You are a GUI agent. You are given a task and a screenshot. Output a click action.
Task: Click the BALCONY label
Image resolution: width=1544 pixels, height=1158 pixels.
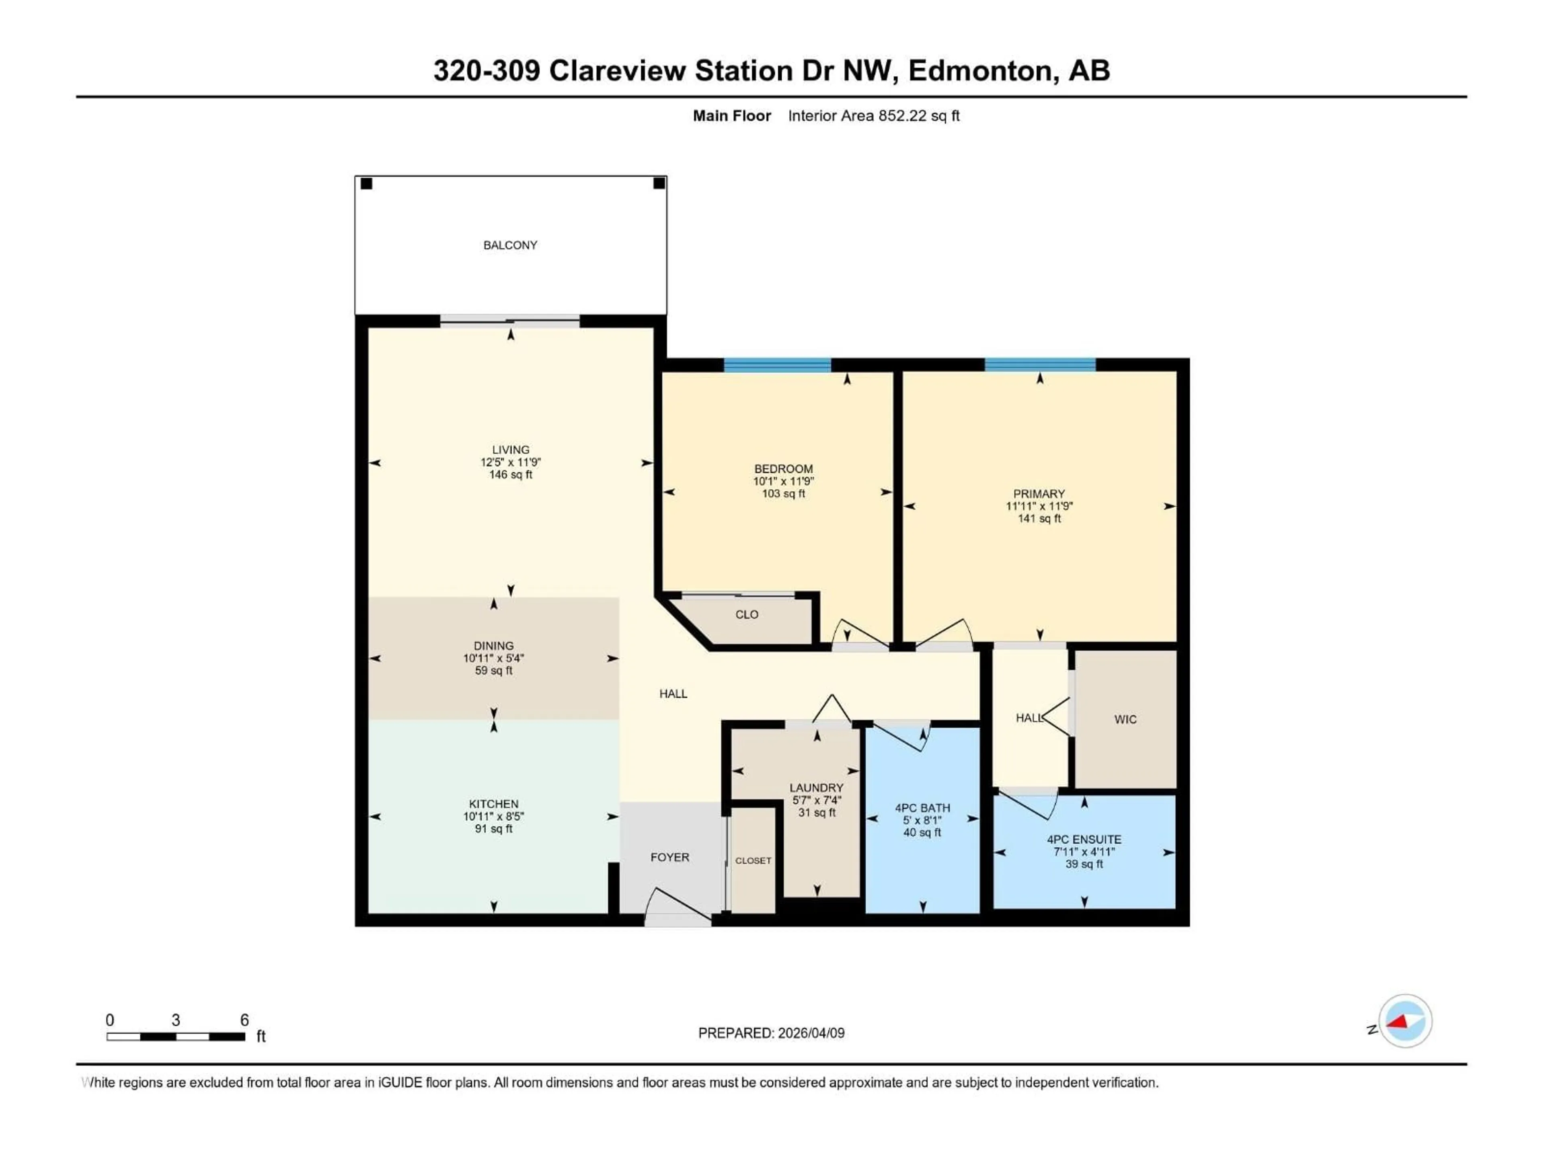(x=510, y=245)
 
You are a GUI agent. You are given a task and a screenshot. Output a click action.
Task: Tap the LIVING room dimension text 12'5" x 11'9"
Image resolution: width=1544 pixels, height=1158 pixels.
(x=510, y=462)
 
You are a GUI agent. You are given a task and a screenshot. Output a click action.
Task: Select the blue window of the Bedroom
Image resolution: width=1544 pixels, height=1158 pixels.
(x=777, y=364)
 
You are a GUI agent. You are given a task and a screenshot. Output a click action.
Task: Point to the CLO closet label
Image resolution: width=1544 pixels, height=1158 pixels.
(x=746, y=614)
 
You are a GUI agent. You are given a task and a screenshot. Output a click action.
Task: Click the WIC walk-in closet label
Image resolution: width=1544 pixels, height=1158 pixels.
(x=1125, y=719)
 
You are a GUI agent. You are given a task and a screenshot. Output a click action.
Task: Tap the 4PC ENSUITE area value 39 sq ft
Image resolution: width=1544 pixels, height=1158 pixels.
(x=1084, y=864)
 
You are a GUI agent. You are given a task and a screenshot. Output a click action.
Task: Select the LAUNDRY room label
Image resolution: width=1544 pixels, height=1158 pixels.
(x=816, y=787)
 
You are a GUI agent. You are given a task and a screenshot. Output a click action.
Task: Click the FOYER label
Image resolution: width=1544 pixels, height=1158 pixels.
(x=669, y=857)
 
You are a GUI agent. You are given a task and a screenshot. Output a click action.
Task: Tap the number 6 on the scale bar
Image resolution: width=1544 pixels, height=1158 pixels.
(x=244, y=1020)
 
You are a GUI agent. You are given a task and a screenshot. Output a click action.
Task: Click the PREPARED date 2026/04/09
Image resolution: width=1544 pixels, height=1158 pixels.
(x=810, y=1033)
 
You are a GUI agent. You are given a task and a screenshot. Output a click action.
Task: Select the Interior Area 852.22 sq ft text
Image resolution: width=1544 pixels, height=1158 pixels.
(x=873, y=116)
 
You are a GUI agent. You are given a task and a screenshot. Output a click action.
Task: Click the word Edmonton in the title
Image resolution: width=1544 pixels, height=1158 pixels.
(x=979, y=70)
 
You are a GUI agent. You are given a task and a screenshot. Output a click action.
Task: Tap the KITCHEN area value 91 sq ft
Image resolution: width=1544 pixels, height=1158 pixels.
(x=493, y=829)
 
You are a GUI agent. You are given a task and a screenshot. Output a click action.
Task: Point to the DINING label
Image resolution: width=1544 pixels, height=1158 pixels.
(x=493, y=646)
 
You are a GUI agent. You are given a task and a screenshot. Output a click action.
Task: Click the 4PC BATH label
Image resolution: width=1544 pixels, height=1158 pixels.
(x=922, y=808)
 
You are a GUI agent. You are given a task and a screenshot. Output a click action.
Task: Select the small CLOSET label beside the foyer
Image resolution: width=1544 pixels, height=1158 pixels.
(x=753, y=860)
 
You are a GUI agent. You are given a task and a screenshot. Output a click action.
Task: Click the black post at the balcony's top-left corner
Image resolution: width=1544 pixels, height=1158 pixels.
(x=366, y=184)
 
